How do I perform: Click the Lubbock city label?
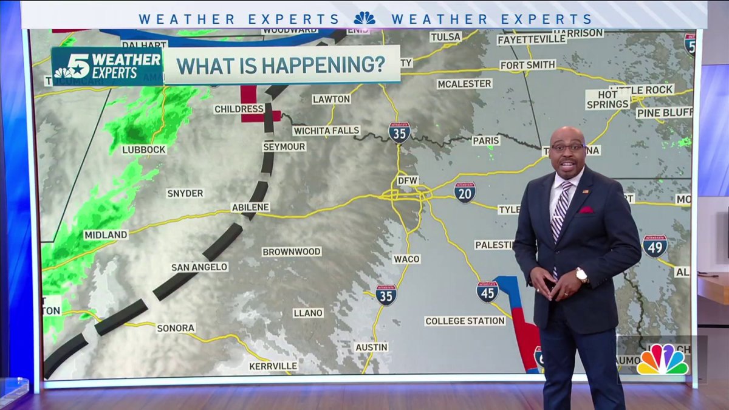click(x=144, y=149)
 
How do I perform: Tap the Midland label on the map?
click(x=106, y=234)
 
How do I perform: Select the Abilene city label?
click(x=250, y=207)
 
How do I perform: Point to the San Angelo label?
click(x=199, y=267)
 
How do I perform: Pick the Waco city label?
click(x=406, y=259)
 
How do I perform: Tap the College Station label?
click(x=465, y=321)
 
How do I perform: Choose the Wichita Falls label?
click(x=326, y=131)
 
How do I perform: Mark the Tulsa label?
click(x=445, y=37)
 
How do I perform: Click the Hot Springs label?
click(x=608, y=100)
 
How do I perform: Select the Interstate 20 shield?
click(x=465, y=192)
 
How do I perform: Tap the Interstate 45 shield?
click(x=487, y=292)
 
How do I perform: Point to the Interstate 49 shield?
click(x=655, y=246)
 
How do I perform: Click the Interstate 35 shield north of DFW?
click(x=399, y=132)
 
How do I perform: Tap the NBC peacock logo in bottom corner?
click(x=662, y=360)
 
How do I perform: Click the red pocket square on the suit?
click(x=586, y=210)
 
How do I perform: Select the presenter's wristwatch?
click(x=581, y=275)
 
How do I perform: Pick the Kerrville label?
click(x=273, y=366)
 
